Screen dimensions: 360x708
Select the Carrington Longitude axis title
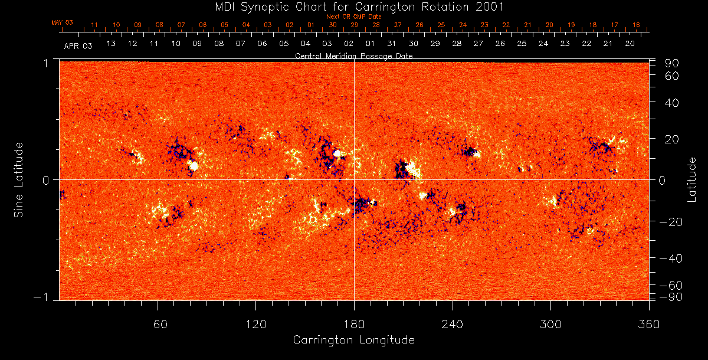pos(353,340)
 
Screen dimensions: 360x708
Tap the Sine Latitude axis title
pos(18,179)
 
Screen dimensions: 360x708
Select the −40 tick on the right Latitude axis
pos(672,258)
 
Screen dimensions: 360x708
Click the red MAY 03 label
pos(62,22)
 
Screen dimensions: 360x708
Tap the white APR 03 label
pos(78,45)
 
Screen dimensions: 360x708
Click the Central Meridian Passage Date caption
pos(353,56)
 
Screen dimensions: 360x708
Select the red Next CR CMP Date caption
pos(353,17)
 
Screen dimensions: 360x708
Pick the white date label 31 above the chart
pos(392,44)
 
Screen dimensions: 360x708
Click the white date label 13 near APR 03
pos(111,44)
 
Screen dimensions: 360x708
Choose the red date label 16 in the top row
pos(636,25)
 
